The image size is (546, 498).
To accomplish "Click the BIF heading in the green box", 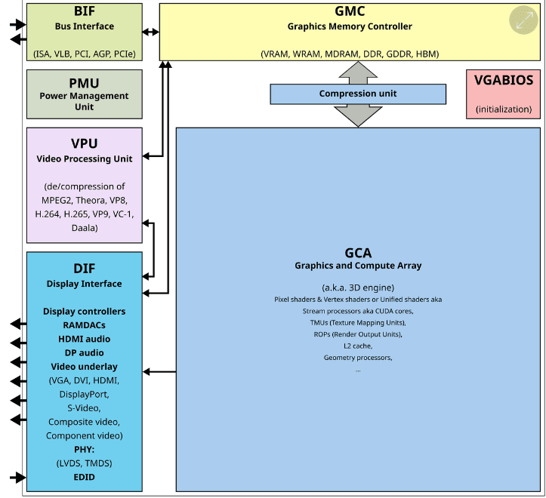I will point(84,12).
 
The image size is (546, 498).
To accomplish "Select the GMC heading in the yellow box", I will point(350,12).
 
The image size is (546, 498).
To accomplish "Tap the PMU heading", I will point(84,82).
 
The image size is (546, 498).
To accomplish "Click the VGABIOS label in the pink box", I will point(503,81).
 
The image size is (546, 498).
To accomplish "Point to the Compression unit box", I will point(357,94).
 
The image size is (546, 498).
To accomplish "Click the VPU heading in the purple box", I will point(84,143).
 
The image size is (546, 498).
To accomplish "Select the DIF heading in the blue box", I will point(84,268).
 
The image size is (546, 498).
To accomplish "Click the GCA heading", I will point(358,253).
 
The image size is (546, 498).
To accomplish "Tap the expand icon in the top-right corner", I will point(523,21).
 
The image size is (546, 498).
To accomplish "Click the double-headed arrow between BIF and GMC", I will point(151,32).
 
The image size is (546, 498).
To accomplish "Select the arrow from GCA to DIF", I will point(159,371).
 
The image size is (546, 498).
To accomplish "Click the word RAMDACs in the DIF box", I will point(84,325).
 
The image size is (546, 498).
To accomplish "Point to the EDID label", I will point(84,477).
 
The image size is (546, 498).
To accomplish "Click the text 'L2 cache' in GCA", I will point(358,345).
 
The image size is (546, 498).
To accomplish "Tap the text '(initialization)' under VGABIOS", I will point(503,109).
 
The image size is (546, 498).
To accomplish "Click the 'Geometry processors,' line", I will point(358,357).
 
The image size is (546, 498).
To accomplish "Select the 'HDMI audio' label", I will point(84,339).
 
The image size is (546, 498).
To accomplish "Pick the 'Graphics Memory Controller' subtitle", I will point(350,26).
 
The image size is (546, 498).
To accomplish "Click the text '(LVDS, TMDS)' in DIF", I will point(84,463).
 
